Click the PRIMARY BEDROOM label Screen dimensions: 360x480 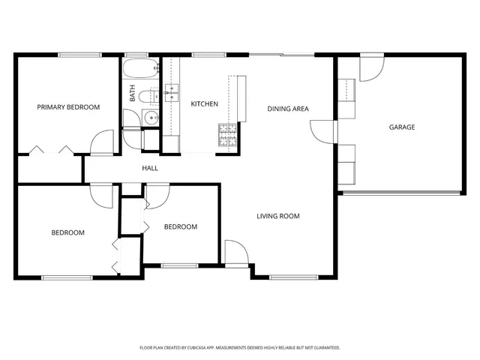point(68,107)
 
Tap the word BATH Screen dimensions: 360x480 point(133,94)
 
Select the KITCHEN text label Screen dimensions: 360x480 point(204,104)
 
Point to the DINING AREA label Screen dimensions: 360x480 point(288,109)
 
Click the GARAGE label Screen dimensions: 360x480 point(401,127)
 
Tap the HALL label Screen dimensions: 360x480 point(150,168)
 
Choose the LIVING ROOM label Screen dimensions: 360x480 point(277,216)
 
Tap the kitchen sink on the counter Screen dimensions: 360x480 point(171,92)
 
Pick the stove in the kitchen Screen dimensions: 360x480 point(228,134)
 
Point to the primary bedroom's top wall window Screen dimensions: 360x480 point(79,54)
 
